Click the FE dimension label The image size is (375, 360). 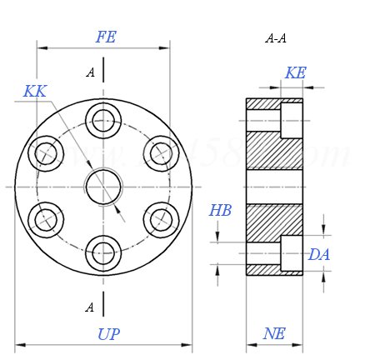(106, 37)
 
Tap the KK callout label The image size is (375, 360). (34, 92)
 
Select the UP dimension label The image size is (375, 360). (108, 335)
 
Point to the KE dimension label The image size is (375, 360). (295, 73)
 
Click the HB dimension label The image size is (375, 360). (220, 211)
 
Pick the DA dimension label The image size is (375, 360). (319, 255)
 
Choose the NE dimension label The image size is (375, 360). (274, 334)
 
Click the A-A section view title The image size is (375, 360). (276, 38)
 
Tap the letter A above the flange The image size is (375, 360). (90, 72)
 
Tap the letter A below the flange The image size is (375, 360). (89, 307)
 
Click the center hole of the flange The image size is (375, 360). (103, 187)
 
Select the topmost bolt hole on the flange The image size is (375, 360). (103, 120)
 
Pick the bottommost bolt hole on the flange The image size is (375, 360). (103, 253)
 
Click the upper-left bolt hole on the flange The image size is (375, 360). (46, 153)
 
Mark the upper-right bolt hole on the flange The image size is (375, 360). (161, 153)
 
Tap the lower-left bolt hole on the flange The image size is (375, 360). (46, 220)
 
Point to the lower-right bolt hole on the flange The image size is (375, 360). (161, 220)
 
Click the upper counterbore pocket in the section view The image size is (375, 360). (292, 120)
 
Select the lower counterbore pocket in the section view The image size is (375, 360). (292, 253)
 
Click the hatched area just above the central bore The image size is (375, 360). (273, 152)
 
